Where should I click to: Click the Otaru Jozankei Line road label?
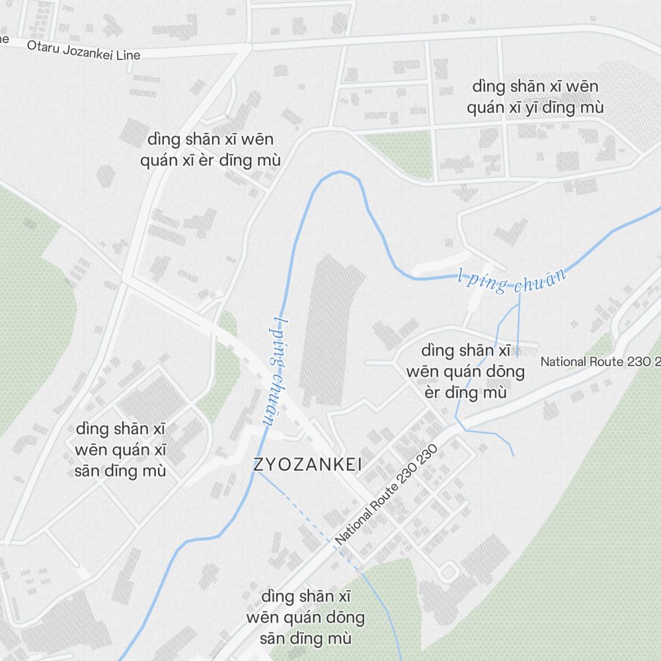tap(83, 50)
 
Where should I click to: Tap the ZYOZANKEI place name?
tap(307, 465)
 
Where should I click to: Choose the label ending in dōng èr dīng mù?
tap(465, 371)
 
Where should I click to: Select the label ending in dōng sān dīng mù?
tap(305, 617)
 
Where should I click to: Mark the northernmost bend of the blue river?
tap(340, 173)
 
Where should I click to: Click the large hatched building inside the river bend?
tap(334, 330)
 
